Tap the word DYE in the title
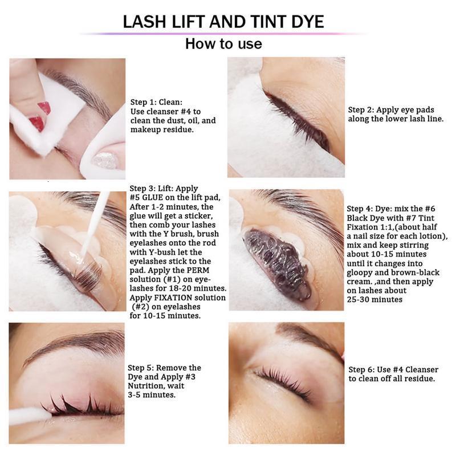click(308, 22)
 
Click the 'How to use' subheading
click(223, 44)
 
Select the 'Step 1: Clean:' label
click(156, 102)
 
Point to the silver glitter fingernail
click(105, 160)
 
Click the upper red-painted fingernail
click(44, 108)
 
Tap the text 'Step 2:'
click(361, 109)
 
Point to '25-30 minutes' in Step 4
click(374, 299)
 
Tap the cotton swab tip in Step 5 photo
click(44, 415)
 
